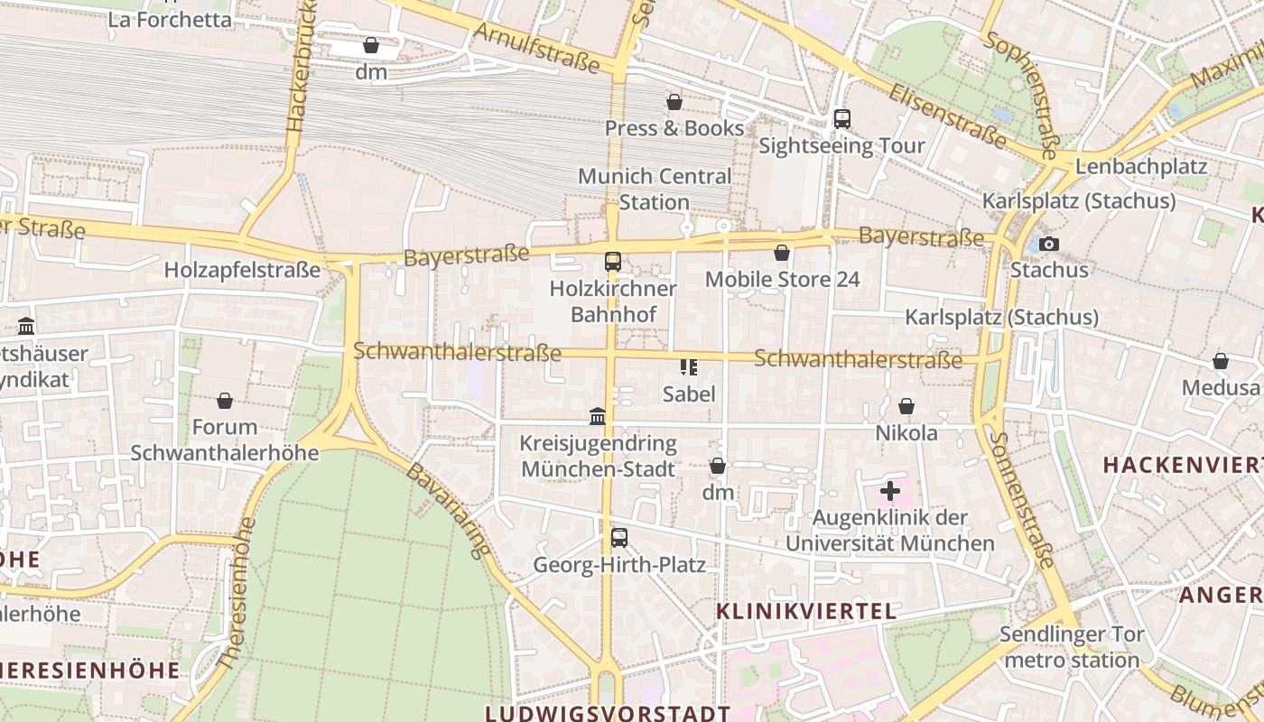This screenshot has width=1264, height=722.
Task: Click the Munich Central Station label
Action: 655,189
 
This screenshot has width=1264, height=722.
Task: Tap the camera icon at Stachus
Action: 1048,244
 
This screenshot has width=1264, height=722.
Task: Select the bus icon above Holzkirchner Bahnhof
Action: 613,262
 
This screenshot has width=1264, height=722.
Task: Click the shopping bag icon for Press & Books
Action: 674,102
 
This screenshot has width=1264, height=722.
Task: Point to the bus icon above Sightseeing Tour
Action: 841,118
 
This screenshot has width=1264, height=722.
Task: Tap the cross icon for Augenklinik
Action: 890,491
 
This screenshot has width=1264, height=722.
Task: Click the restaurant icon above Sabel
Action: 689,366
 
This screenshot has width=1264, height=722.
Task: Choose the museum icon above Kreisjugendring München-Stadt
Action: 598,416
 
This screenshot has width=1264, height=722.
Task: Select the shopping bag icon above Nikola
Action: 906,407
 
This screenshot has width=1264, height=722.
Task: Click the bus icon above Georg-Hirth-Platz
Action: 619,538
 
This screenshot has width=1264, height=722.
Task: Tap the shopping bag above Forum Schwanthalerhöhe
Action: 225,400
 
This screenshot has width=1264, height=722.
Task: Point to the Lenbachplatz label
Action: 1141,167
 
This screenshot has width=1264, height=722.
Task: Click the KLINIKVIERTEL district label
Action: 806,611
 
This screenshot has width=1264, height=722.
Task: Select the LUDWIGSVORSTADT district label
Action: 608,713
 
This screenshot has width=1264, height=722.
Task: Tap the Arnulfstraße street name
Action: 536,48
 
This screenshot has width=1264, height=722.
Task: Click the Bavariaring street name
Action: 449,510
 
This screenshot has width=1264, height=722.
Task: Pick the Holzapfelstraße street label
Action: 242,270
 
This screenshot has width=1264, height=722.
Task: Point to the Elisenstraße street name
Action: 947,116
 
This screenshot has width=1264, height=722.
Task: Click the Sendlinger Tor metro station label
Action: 1073,647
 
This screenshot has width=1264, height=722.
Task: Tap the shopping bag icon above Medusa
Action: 1221,362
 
